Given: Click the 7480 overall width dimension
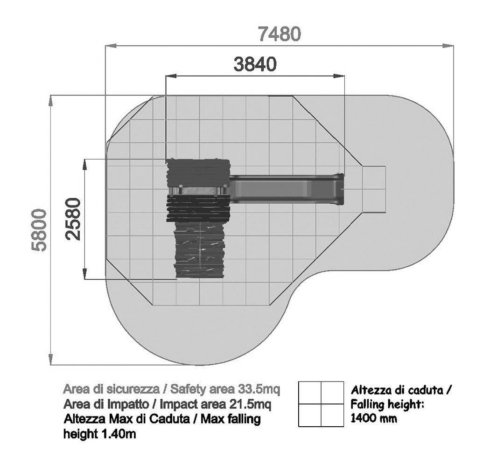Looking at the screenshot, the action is click(x=280, y=34).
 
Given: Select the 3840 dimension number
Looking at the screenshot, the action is click(x=255, y=64).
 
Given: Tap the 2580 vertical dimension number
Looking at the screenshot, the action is click(x=73, y=219).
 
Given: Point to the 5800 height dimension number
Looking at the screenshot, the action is click(x=39, y=230).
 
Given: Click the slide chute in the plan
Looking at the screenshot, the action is click(x=286, y=189).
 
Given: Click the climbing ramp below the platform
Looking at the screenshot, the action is click(x=199, y=250).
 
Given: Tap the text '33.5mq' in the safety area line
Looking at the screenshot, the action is click(x=259, y=389).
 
